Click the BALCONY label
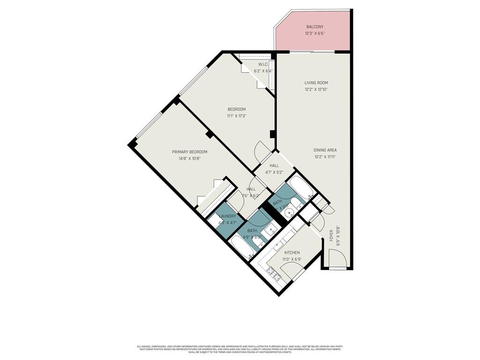point(315,27)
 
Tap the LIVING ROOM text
point(316,82)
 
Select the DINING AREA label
point(325,150)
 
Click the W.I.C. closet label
point(263,64)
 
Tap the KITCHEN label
point(291,253)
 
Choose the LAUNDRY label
point(227,216)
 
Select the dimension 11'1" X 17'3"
point(236,116)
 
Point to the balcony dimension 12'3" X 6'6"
point(315,33)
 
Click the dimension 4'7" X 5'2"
point(274,172)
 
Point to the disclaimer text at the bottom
point(240,349)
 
